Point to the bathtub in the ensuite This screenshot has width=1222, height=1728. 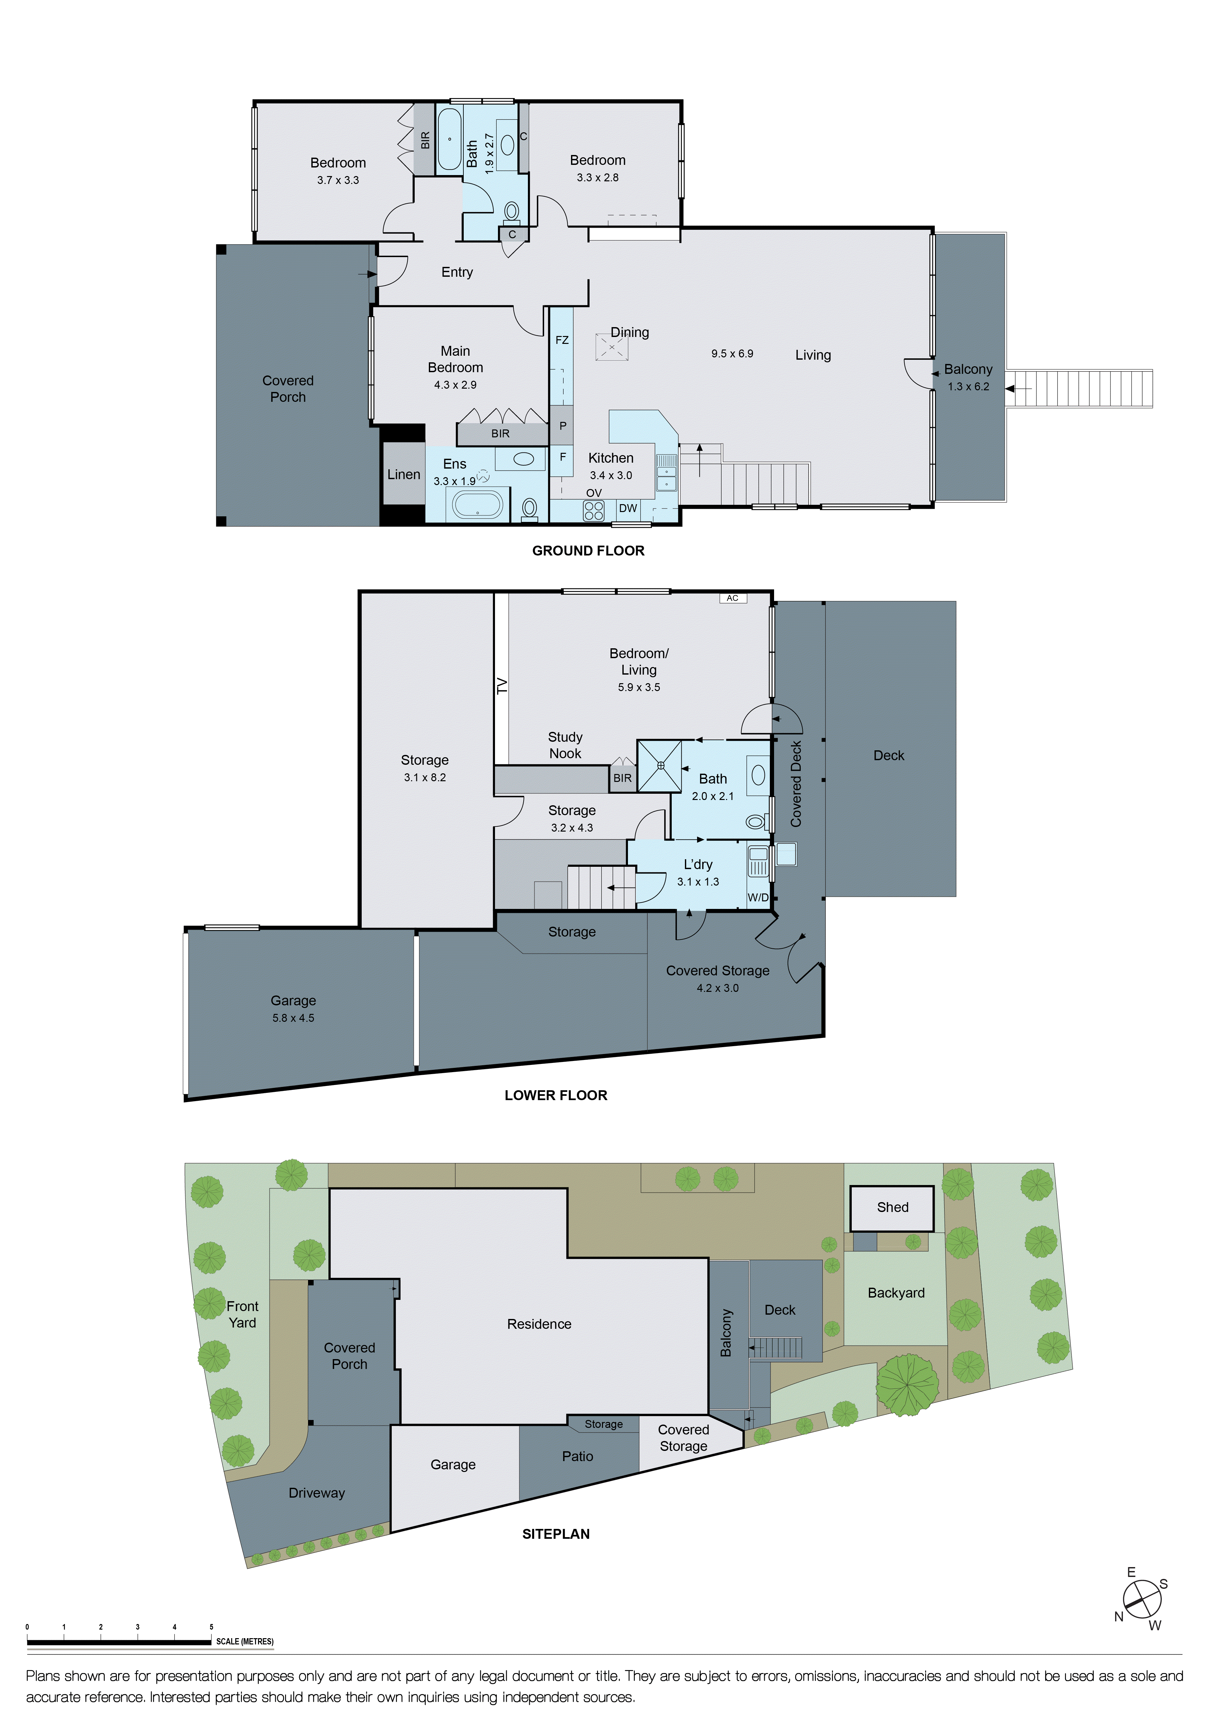[x=478, y=505]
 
